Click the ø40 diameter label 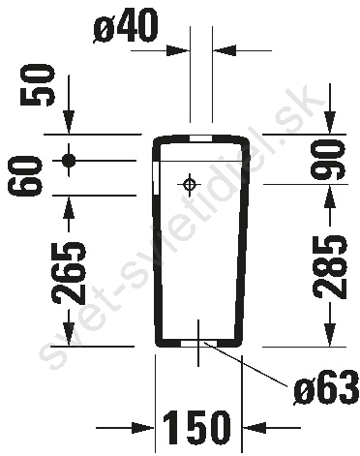[x=126, y=26]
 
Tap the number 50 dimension [x=36, y=85]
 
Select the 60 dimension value [x=26, y=176]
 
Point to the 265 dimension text [x=69, y=273]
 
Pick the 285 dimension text [x=330, y=266]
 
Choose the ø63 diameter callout [x=326, y=388]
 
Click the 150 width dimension [x=196, y=427]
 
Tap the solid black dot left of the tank [x=69, y=160]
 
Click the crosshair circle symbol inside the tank [x=189, y=185]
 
